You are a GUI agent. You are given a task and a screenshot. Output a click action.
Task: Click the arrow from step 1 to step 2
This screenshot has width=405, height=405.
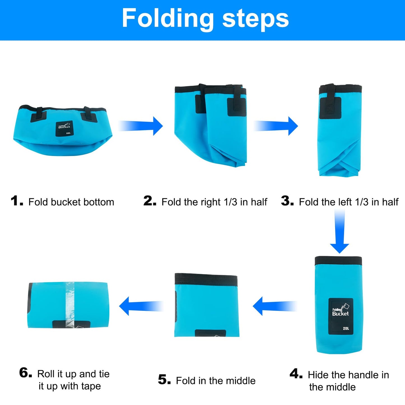coord(140,126)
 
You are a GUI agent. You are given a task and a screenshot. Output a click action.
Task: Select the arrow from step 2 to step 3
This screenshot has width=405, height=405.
coord(276,126)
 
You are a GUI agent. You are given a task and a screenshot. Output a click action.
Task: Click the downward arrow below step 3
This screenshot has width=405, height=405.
coord(339,231)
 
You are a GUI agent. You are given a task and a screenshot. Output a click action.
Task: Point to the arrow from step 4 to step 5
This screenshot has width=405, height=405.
coord(275,306)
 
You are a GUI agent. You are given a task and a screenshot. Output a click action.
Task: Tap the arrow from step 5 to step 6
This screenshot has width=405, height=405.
coord(141,306)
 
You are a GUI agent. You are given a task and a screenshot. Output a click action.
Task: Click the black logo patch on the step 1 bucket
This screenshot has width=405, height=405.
coord(64,129)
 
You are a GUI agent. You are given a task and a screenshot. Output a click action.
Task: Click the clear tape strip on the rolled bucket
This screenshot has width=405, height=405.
coord(70,305)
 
